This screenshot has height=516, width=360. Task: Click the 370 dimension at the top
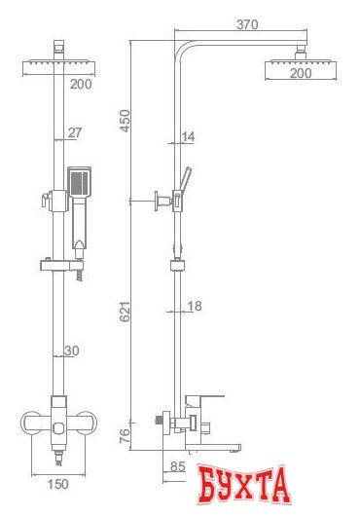point(247,24)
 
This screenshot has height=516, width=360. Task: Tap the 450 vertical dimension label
point(125,121)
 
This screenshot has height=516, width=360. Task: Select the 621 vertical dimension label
point(125,312)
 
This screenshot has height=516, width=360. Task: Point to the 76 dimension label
point(125,436)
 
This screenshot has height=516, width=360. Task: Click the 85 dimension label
point(178,466)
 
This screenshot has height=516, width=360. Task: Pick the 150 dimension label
point(57,484)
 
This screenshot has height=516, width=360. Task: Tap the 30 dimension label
point(72,350)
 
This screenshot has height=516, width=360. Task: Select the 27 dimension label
point(75,133)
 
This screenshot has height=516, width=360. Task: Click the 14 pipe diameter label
point(188,136)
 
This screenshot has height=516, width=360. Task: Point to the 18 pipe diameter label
point(195,306)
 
